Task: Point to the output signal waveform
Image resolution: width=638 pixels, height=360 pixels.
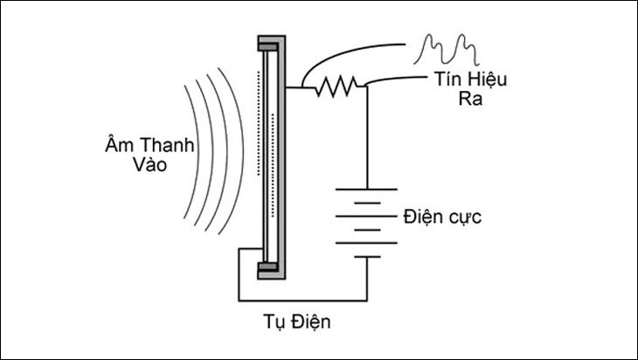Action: (446, 44)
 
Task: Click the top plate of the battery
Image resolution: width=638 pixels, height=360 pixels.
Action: (366, 186)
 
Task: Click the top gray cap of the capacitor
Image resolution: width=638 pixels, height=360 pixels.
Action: (270, 42)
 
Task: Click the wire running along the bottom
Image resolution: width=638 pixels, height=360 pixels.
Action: (297, 298)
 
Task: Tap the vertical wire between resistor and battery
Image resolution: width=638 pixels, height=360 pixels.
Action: (366, 131)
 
